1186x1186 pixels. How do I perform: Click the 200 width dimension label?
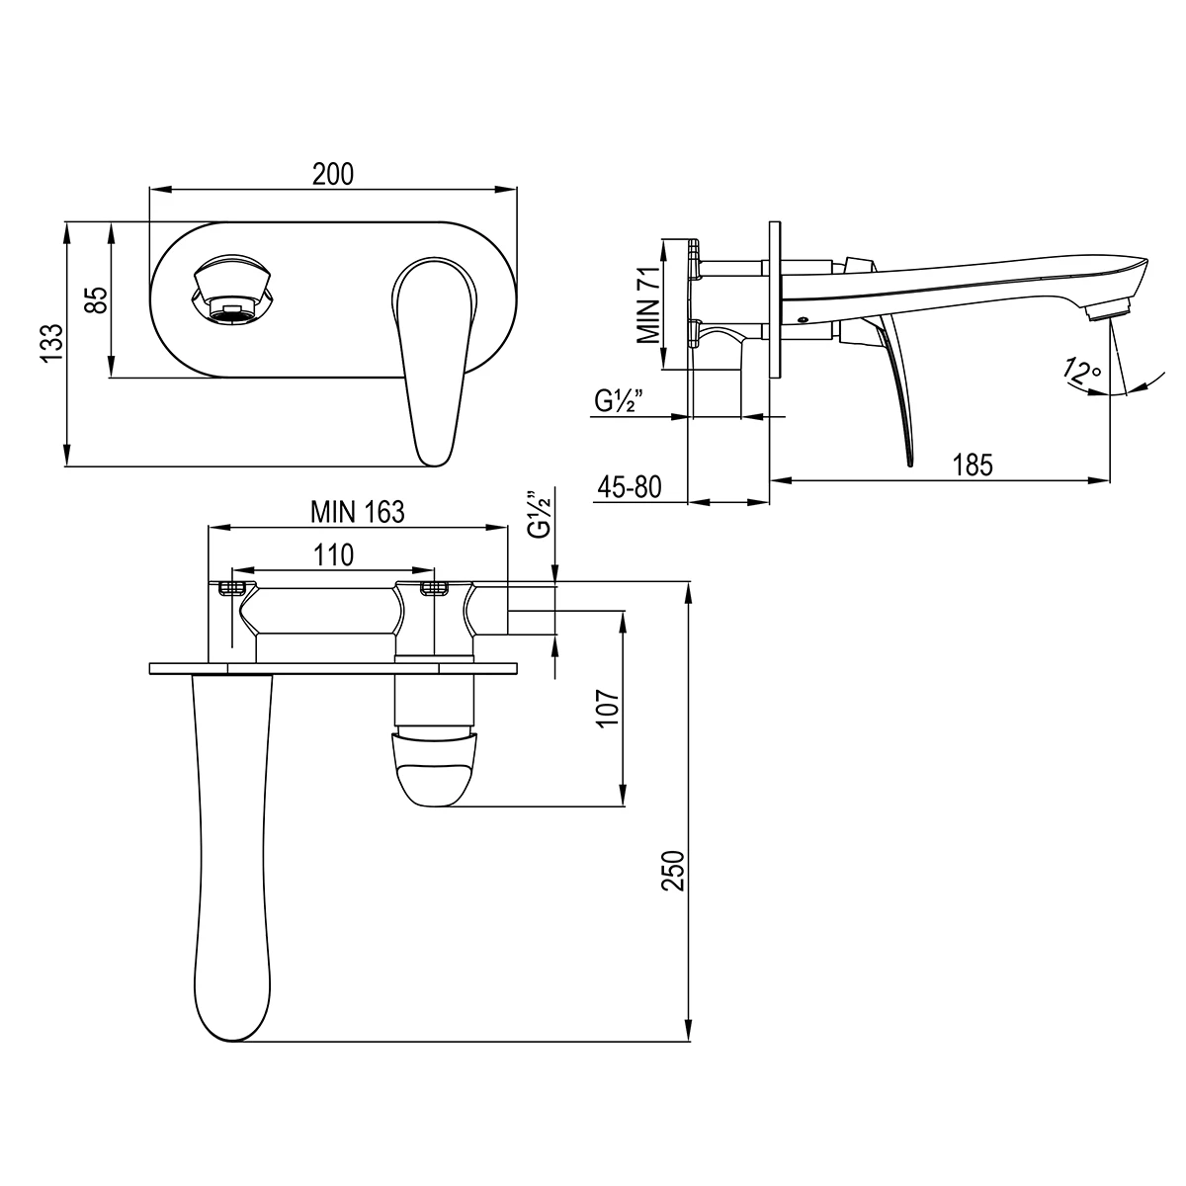(x=333, y=174)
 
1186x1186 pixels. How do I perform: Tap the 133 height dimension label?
(x=52, y=343)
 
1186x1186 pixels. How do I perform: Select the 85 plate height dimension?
(x=97, y=299)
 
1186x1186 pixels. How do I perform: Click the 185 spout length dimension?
(x=973, y=465)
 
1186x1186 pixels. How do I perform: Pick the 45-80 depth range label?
(x=629, y=487)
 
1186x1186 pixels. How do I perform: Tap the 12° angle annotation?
(x=1081, y=372)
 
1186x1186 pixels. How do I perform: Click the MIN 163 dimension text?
(x=358, y=511)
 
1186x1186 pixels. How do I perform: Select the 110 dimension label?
(x=334, y=555)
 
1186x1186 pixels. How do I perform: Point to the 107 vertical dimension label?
(x=609, y=707)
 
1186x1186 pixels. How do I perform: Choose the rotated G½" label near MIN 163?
(x=539, y=515)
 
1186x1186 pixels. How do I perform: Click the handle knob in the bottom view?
(x=434, y=768)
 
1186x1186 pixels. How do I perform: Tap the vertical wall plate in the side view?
(x=775, y=300)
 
